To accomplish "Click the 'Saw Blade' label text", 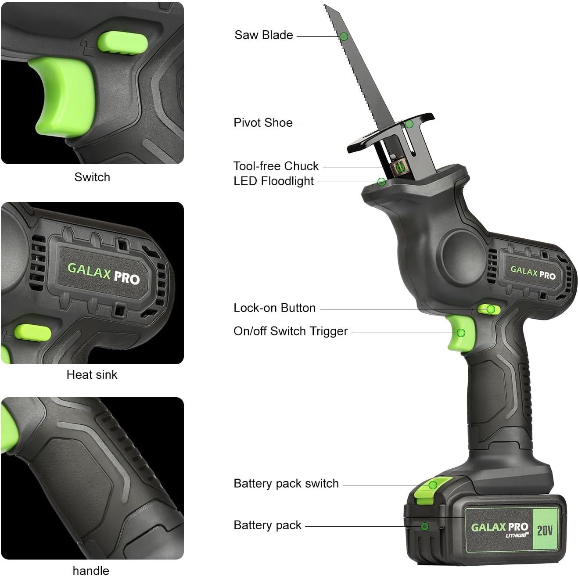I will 263,35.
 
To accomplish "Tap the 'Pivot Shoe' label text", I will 263,122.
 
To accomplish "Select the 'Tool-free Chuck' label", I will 276,166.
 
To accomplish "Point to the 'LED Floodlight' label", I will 273,181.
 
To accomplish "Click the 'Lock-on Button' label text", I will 274,308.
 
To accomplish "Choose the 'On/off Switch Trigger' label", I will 291,331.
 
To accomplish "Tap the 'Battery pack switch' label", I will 286,483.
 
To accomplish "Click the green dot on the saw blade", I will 344,36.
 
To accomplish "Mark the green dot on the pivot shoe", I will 409,124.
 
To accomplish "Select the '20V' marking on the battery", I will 545,530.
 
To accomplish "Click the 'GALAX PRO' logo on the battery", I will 499,527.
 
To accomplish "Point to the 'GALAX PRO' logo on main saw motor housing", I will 532,273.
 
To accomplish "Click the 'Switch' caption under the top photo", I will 92,177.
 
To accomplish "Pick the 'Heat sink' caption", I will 92,374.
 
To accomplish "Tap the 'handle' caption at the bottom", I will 91,571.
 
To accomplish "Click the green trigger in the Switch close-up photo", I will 64,94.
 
